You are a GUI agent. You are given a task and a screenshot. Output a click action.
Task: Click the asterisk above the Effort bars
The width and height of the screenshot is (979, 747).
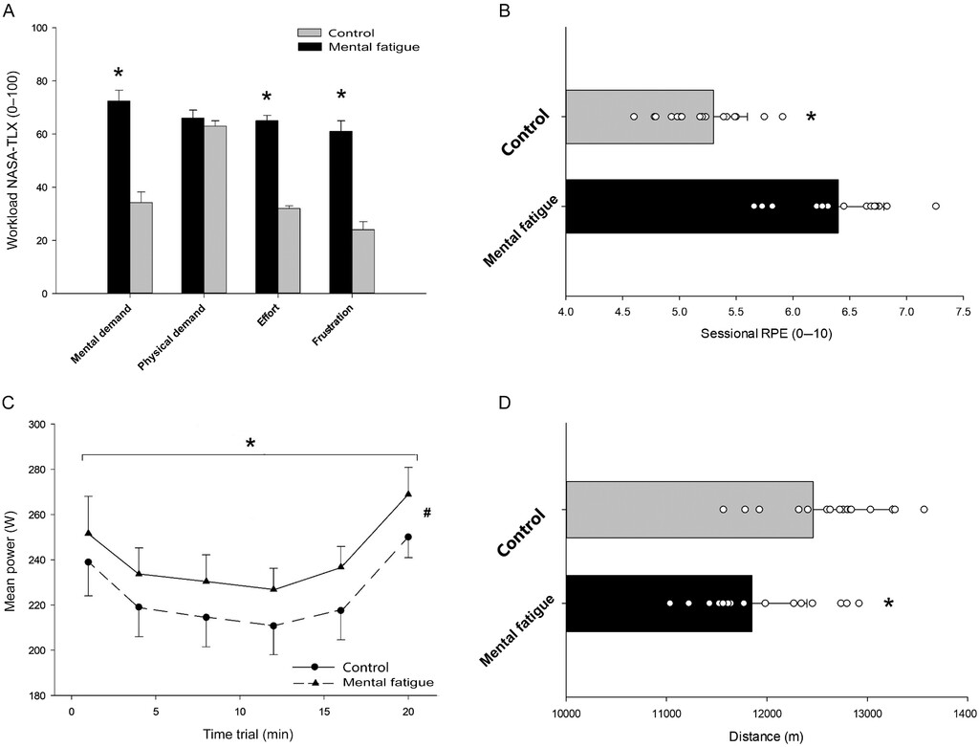(x=268, y=99)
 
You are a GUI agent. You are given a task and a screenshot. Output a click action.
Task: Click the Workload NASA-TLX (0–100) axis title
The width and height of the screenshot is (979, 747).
(x=15, y=160)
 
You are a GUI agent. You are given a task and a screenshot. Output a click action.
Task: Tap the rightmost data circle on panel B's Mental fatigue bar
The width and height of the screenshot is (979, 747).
(x=936, y=206)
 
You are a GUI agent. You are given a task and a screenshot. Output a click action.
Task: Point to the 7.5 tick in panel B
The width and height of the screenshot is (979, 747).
(x=963, y=312)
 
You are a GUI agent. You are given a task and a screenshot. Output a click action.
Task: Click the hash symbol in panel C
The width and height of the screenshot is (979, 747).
(x=426, y=513)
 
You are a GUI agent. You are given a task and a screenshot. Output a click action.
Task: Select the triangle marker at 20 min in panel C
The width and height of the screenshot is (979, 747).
(x=408, y=494)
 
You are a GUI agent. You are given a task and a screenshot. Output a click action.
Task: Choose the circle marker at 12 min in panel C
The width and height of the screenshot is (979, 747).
(x=273, y=626)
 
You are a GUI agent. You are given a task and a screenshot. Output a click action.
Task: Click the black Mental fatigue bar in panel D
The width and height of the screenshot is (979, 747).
(x=659, y=603)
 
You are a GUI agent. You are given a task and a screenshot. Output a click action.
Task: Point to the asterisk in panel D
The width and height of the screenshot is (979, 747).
(x=889, y=604)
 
